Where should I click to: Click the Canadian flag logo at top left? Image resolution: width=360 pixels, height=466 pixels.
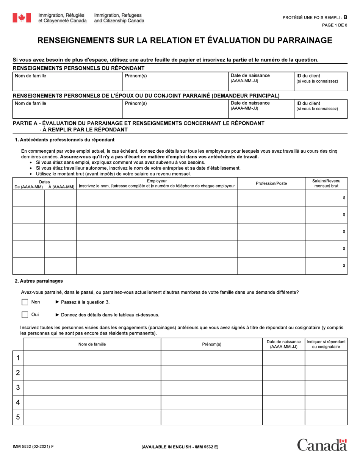tap(22, 17)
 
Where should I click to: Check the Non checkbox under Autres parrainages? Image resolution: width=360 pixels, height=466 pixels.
tap(25, 302)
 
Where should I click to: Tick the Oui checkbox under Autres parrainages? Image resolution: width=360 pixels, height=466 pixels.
tap(25, 314)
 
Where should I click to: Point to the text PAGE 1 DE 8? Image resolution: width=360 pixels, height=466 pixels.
tap(334, 25)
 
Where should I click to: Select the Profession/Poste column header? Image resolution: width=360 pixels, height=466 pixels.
tap(271, 183)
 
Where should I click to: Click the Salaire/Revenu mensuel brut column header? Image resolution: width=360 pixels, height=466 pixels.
tap(326, 183)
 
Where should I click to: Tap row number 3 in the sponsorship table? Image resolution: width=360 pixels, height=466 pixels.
tap(18, 388)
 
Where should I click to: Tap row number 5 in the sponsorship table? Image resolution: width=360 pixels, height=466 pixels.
tap(18, 418)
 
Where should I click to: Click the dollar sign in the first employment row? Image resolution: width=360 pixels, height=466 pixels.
tap(344, 198)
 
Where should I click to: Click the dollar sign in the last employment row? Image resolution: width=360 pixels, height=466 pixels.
tap(344, 266)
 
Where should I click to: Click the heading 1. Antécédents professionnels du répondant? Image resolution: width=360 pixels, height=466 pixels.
tap(64, 140)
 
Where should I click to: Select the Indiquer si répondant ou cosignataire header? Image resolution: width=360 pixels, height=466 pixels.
tap(326, 344)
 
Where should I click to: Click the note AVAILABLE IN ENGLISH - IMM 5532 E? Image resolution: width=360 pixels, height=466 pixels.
tap(180, 447)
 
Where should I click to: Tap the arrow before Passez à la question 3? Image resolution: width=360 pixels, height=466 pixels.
tap(57, 302)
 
